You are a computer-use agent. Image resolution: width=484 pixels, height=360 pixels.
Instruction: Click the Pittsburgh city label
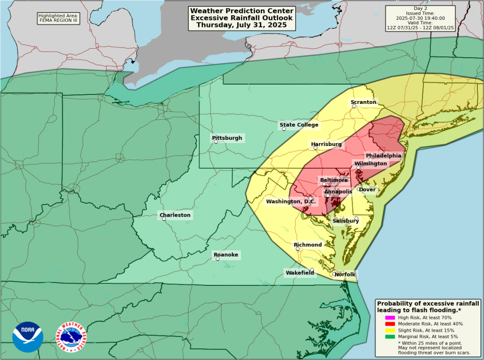227,138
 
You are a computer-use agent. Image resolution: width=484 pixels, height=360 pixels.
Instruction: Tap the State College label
299,125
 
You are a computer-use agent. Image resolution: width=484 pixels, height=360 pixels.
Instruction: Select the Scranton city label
363,102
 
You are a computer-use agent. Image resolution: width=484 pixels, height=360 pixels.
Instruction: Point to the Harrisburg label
326,144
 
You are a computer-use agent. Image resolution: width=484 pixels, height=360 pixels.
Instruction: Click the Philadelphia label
383,155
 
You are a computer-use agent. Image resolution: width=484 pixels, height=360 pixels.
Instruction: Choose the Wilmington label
371,164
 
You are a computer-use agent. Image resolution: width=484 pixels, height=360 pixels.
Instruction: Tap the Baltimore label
334,180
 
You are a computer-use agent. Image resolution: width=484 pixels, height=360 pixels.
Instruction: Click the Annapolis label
338,191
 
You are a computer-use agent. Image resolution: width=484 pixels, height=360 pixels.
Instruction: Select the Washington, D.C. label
290,202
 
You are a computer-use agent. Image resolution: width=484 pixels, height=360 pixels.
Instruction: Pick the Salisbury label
346,221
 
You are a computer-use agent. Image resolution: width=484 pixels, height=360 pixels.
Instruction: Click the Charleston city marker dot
164,219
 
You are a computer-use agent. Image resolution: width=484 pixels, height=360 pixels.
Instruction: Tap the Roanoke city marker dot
217,258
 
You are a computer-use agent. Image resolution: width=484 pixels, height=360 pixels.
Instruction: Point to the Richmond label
308,245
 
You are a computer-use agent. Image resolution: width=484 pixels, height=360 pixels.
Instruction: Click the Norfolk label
345,274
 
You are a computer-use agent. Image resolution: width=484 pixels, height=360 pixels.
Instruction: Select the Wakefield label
300,273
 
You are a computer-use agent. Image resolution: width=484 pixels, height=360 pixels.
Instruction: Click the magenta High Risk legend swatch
390,317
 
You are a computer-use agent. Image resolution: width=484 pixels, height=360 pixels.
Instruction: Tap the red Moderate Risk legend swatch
390,324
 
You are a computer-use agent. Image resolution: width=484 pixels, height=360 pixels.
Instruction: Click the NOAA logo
28,337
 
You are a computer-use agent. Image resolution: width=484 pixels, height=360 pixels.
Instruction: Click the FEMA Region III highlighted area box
59,18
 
